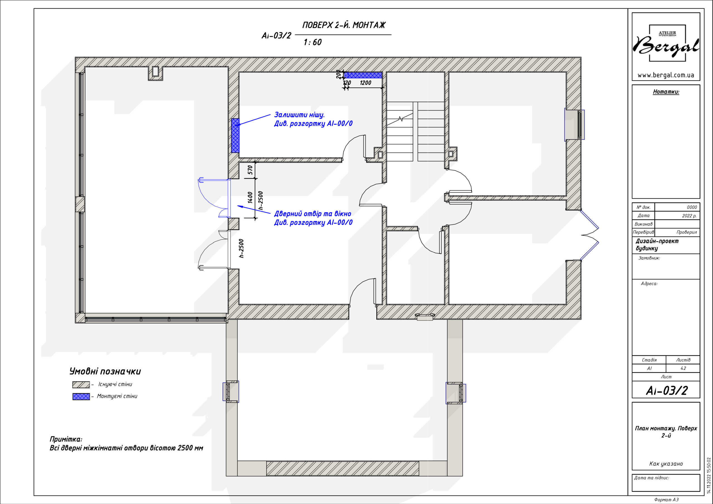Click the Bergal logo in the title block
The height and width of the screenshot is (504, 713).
[666, 43]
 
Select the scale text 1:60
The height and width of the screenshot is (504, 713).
[312, 42]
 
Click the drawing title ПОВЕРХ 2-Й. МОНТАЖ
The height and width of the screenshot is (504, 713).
[344, 25]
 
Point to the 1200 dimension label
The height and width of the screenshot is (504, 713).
[365, 83]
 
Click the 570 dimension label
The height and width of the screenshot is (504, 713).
[250, 170]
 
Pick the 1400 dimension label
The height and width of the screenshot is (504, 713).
[250, 197]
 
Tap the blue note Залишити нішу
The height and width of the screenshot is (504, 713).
[299, 115]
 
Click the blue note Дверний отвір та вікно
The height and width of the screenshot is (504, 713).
[313, 214]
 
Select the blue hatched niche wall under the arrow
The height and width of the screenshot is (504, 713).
[235, 136]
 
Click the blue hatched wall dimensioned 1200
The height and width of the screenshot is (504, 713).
[363, 75]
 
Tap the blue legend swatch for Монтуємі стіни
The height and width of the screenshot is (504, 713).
[81, 397]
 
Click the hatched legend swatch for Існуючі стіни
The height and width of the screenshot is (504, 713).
[81, 385]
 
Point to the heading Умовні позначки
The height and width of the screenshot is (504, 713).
[105, 371]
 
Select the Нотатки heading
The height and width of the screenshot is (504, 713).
[666, 92]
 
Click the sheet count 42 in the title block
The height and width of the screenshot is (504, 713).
[683, 368]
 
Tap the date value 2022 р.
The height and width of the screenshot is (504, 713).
[689, 216]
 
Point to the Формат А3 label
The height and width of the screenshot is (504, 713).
[666, 500]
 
